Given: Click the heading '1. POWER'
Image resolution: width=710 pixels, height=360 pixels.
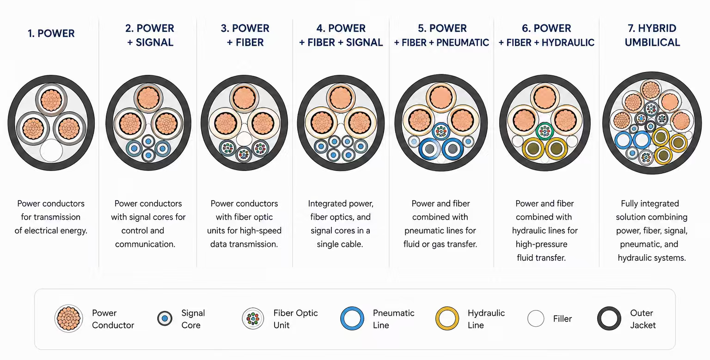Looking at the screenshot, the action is pyautogui.click(x=51, y=33).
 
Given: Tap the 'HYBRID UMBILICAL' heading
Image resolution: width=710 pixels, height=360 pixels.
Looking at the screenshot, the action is pyautogui.click(x=652, y=35).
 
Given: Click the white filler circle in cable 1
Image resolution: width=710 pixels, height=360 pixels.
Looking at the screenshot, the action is pyautogui.click(x=51, y=151).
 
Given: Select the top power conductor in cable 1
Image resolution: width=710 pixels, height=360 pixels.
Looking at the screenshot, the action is pyautogui.click(x=51, y=99).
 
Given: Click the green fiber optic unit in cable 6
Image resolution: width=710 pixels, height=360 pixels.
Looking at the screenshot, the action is pyautogui.click(x=545, y=131).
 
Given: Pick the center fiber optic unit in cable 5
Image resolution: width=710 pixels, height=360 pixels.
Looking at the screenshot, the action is pyautogui.click(x=441, y=131).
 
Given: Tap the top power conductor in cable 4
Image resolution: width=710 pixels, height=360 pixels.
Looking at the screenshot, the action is pyautogui.click(x=341, y=98).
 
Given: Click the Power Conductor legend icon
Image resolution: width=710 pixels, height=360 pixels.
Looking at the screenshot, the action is pyautogui.click(x=68, y=318).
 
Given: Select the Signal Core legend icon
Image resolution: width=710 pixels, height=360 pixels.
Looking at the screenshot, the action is pyautogui.click(x=165, y=318).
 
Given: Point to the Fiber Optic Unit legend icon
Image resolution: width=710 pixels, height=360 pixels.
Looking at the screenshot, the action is pyautogui.click(x=253, y=318).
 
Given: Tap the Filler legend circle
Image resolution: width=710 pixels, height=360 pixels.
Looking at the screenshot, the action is pyautogui.click(x=536, y=318).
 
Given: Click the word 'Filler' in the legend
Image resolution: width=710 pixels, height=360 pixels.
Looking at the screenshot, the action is pyautogui.click(x=562, y=319).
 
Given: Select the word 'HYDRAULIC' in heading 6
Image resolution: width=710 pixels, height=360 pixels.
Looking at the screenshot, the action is pyautogui.click(x=568, y=43).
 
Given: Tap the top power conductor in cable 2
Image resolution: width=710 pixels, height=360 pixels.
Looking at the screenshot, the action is pyautogui.click(x=148, y=98).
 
